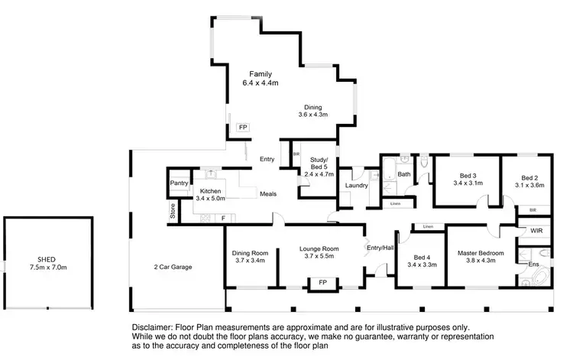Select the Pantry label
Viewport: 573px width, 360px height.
click(x=179, y=183)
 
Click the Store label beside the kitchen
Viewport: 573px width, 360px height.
click(x=173, y=212)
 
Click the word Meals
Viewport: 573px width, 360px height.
click(x=267, y=193)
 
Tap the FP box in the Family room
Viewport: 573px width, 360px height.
click(x=243, y=127)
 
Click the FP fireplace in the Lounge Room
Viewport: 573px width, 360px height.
click(x=322, y=283)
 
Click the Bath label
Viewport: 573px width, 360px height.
click(x=403, y=175)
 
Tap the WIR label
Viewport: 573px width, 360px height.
click(x=536, y=229)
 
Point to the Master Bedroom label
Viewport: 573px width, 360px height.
click(x=481, y=253)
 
